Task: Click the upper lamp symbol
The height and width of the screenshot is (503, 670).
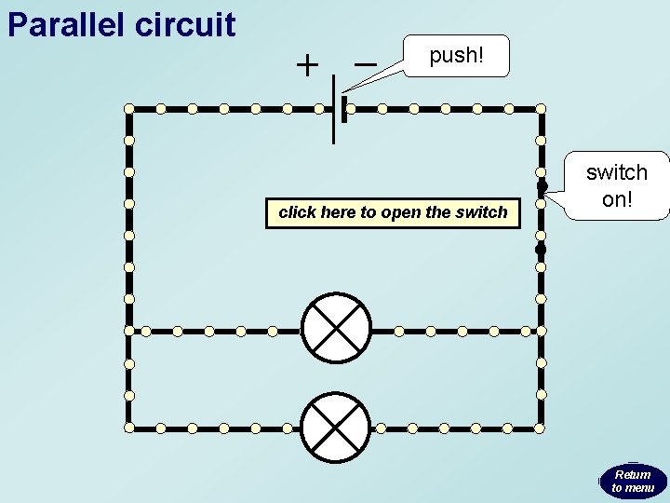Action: pos(336,330)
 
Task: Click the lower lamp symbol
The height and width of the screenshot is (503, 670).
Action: pos(336,428)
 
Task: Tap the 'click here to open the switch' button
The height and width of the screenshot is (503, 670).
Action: pos(393,212)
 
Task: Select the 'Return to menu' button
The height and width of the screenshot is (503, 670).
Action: pos(633,482)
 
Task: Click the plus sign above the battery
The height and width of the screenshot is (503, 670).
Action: pos(306,65)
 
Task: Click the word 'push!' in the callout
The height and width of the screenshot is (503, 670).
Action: pos(456,56)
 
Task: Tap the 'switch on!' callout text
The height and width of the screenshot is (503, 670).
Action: pos(616,185)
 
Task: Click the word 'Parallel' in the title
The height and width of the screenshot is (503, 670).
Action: pos(66,24)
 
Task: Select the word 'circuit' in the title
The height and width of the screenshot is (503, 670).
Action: pos(185,24)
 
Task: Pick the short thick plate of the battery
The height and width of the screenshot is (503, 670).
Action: pos(344,109)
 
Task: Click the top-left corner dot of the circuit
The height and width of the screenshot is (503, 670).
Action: pos(129,109)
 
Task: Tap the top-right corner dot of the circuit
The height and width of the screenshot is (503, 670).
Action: pos(541,109)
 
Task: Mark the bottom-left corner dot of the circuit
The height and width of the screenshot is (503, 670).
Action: pos(129,428)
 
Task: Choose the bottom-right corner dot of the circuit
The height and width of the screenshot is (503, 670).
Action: pos(541,428)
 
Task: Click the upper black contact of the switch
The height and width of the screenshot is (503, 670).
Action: pos(542,184)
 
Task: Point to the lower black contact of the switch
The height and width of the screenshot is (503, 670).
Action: pos(541,250)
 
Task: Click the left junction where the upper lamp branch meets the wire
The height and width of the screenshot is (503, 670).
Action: pos(129,331)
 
